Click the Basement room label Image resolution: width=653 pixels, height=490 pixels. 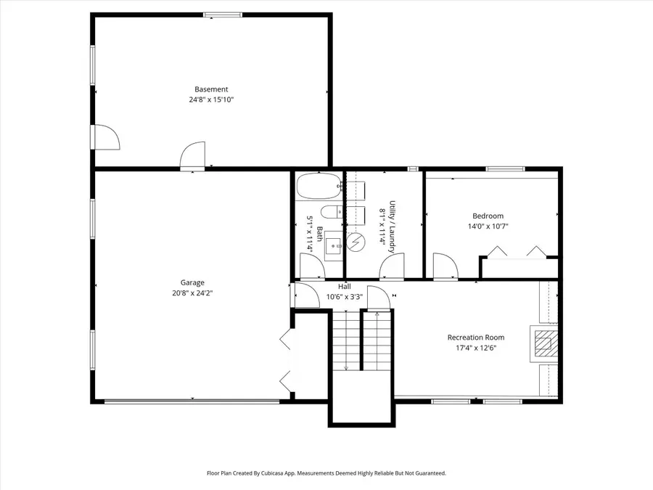211,89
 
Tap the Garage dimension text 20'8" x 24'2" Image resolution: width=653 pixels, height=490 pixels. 192,293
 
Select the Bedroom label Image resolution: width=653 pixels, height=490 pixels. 488,216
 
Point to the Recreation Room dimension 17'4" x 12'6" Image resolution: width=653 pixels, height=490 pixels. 475,348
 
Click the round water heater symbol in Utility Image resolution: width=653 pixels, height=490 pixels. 356,242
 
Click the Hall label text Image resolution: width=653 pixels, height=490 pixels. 345,287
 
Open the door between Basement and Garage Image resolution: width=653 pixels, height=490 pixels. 194,156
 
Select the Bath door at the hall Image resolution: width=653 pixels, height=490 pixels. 312,268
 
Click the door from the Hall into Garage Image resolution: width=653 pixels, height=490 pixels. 304,295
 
